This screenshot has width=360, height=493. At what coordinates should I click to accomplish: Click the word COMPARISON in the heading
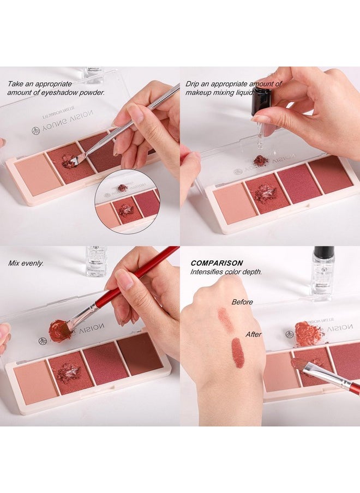(x=217, y=263)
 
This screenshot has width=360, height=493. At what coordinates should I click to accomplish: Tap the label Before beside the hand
(x=242, y=302)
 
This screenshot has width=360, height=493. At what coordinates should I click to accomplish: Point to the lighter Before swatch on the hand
(x=225, y=320)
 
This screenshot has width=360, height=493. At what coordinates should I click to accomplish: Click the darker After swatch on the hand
(x=237, y=353)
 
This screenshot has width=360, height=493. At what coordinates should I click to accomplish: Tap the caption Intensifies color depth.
(x=226, y=271)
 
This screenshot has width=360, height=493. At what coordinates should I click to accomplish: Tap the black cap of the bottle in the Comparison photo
(x=323, y=252)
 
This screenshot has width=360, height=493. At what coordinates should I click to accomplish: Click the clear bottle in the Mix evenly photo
(x=96, y=262)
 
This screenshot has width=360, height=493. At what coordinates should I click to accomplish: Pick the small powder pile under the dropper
(x=261, y=160)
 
